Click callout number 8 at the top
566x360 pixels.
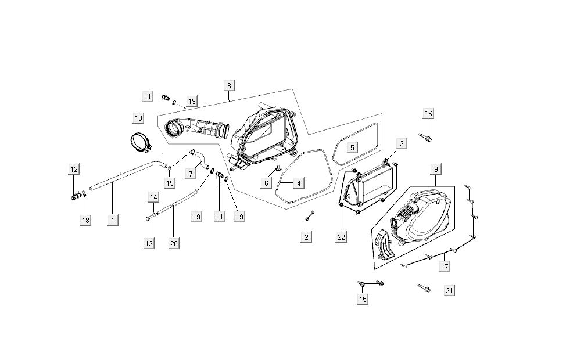pos(229,85)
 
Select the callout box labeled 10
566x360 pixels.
pos(138,118)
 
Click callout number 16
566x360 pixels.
pos(428,113)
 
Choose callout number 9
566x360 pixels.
pos(435,170)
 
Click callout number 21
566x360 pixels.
pos(448,290)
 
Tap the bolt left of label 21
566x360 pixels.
pos(425,287)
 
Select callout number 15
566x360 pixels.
pos(363,299)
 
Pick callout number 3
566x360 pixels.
pos(402,143)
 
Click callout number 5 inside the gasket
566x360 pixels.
pos(352,147)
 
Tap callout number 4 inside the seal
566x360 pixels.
pos(298,183)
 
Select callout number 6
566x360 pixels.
pos(267,182)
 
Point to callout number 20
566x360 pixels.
pos(173,243)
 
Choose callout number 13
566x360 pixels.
pos(149,243)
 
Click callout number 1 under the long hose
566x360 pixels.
pos(113,220)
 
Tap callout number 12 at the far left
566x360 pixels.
pos(74,169)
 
